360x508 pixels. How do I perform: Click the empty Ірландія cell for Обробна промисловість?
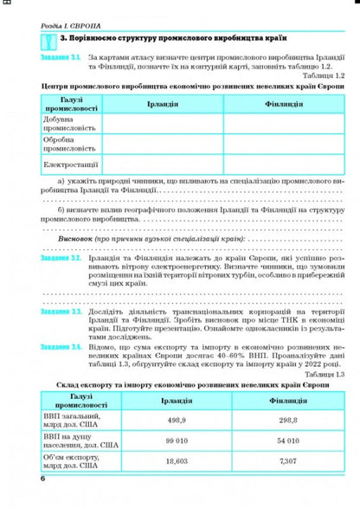point(164,143)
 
